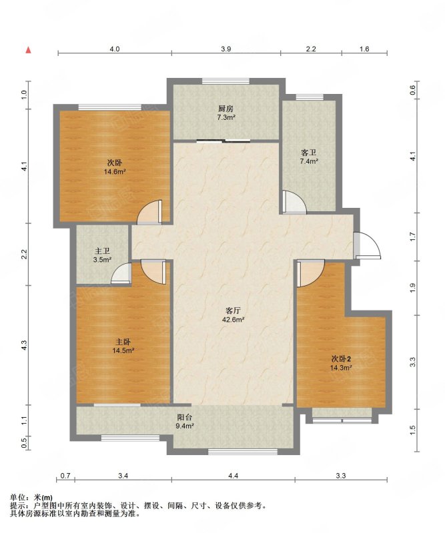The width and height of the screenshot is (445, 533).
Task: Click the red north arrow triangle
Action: (x=29, y=50)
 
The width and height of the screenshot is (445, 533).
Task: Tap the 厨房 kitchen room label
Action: (x=226, y=109)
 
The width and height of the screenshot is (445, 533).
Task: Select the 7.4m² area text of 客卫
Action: (x=309, y=161)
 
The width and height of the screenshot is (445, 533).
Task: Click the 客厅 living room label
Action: (x=234, y=310)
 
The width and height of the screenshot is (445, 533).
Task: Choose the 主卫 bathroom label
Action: (x=102, y=251)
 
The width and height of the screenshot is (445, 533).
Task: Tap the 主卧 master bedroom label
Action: (x=123, y=341)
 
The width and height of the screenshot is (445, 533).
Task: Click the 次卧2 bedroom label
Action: (x=341, y=358)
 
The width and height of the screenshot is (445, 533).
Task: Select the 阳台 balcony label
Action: (x=185, y=417)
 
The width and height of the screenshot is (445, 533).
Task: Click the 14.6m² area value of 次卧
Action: (x=115, y=172)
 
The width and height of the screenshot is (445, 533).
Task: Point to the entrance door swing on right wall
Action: (x=367, y=245)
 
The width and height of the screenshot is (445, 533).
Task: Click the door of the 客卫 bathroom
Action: (x=294, y=203)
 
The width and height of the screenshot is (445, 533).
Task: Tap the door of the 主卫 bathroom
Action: (x=121, y=273)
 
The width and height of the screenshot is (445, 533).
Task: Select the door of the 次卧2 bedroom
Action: (x=310, y=273)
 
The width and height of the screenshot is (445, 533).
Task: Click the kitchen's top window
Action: (x=226, y=81)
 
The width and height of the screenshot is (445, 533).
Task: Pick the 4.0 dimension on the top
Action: (x=115, y=49)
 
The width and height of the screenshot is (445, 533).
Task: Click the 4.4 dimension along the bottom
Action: (x=233, y=476)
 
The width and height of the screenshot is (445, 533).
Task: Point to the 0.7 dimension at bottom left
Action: (x=65, y=476)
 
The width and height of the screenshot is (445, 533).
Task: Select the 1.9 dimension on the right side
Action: (x=413, y=288)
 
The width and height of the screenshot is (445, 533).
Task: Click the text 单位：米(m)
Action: (x=31, y=498)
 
